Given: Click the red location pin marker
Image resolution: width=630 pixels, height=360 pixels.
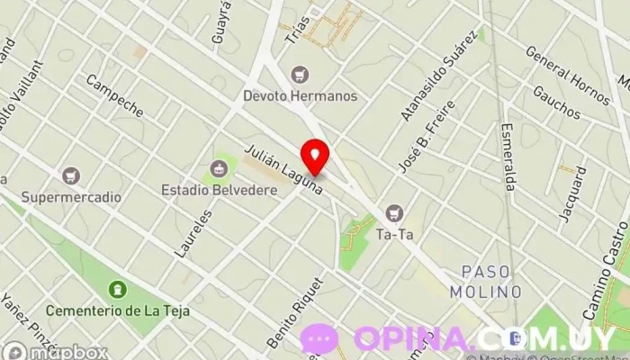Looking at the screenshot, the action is point(315,157).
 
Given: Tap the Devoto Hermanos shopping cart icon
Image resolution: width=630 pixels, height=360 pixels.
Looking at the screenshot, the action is point(301,74).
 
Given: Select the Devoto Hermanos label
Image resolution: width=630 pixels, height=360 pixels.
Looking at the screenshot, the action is point(301,94).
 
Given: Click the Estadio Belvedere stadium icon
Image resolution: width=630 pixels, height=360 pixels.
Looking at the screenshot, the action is point(218,167).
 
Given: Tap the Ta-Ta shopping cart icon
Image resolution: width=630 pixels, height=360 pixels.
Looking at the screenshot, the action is point(393,213).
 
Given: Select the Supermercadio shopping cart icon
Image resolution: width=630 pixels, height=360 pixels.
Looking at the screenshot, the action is point(71,175).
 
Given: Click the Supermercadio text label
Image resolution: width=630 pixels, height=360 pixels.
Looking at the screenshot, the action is point(71,196).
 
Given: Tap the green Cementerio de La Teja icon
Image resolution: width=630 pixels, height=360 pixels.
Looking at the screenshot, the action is point(116,290).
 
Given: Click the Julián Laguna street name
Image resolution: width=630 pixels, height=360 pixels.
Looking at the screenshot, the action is point(282,169).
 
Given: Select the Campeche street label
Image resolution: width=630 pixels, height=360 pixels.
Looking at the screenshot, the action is point(114,95).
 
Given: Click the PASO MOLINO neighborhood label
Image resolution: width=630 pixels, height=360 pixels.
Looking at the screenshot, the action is point(491,281).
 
